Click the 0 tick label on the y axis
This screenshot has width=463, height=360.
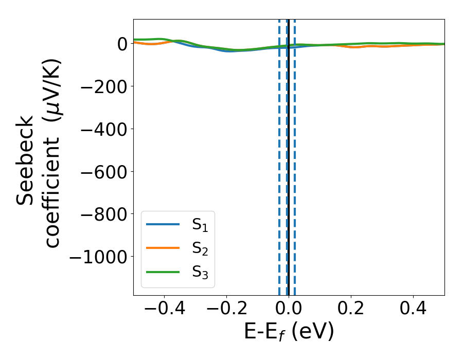121,44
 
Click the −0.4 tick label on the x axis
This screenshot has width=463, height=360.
164,310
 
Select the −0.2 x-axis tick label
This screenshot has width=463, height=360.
226,310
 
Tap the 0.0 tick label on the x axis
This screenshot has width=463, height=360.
289,310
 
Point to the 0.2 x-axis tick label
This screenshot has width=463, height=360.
351,310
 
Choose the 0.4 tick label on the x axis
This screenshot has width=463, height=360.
413,310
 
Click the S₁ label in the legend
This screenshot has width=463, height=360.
201,225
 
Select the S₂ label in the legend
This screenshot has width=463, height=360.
201,248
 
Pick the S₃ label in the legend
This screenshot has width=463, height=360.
201,272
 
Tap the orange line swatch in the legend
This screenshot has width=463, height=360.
163,248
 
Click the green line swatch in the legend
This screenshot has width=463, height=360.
163,272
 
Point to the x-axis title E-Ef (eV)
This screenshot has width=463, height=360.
289,332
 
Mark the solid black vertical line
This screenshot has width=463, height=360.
289,154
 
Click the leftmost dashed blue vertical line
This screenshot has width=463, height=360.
279,154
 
